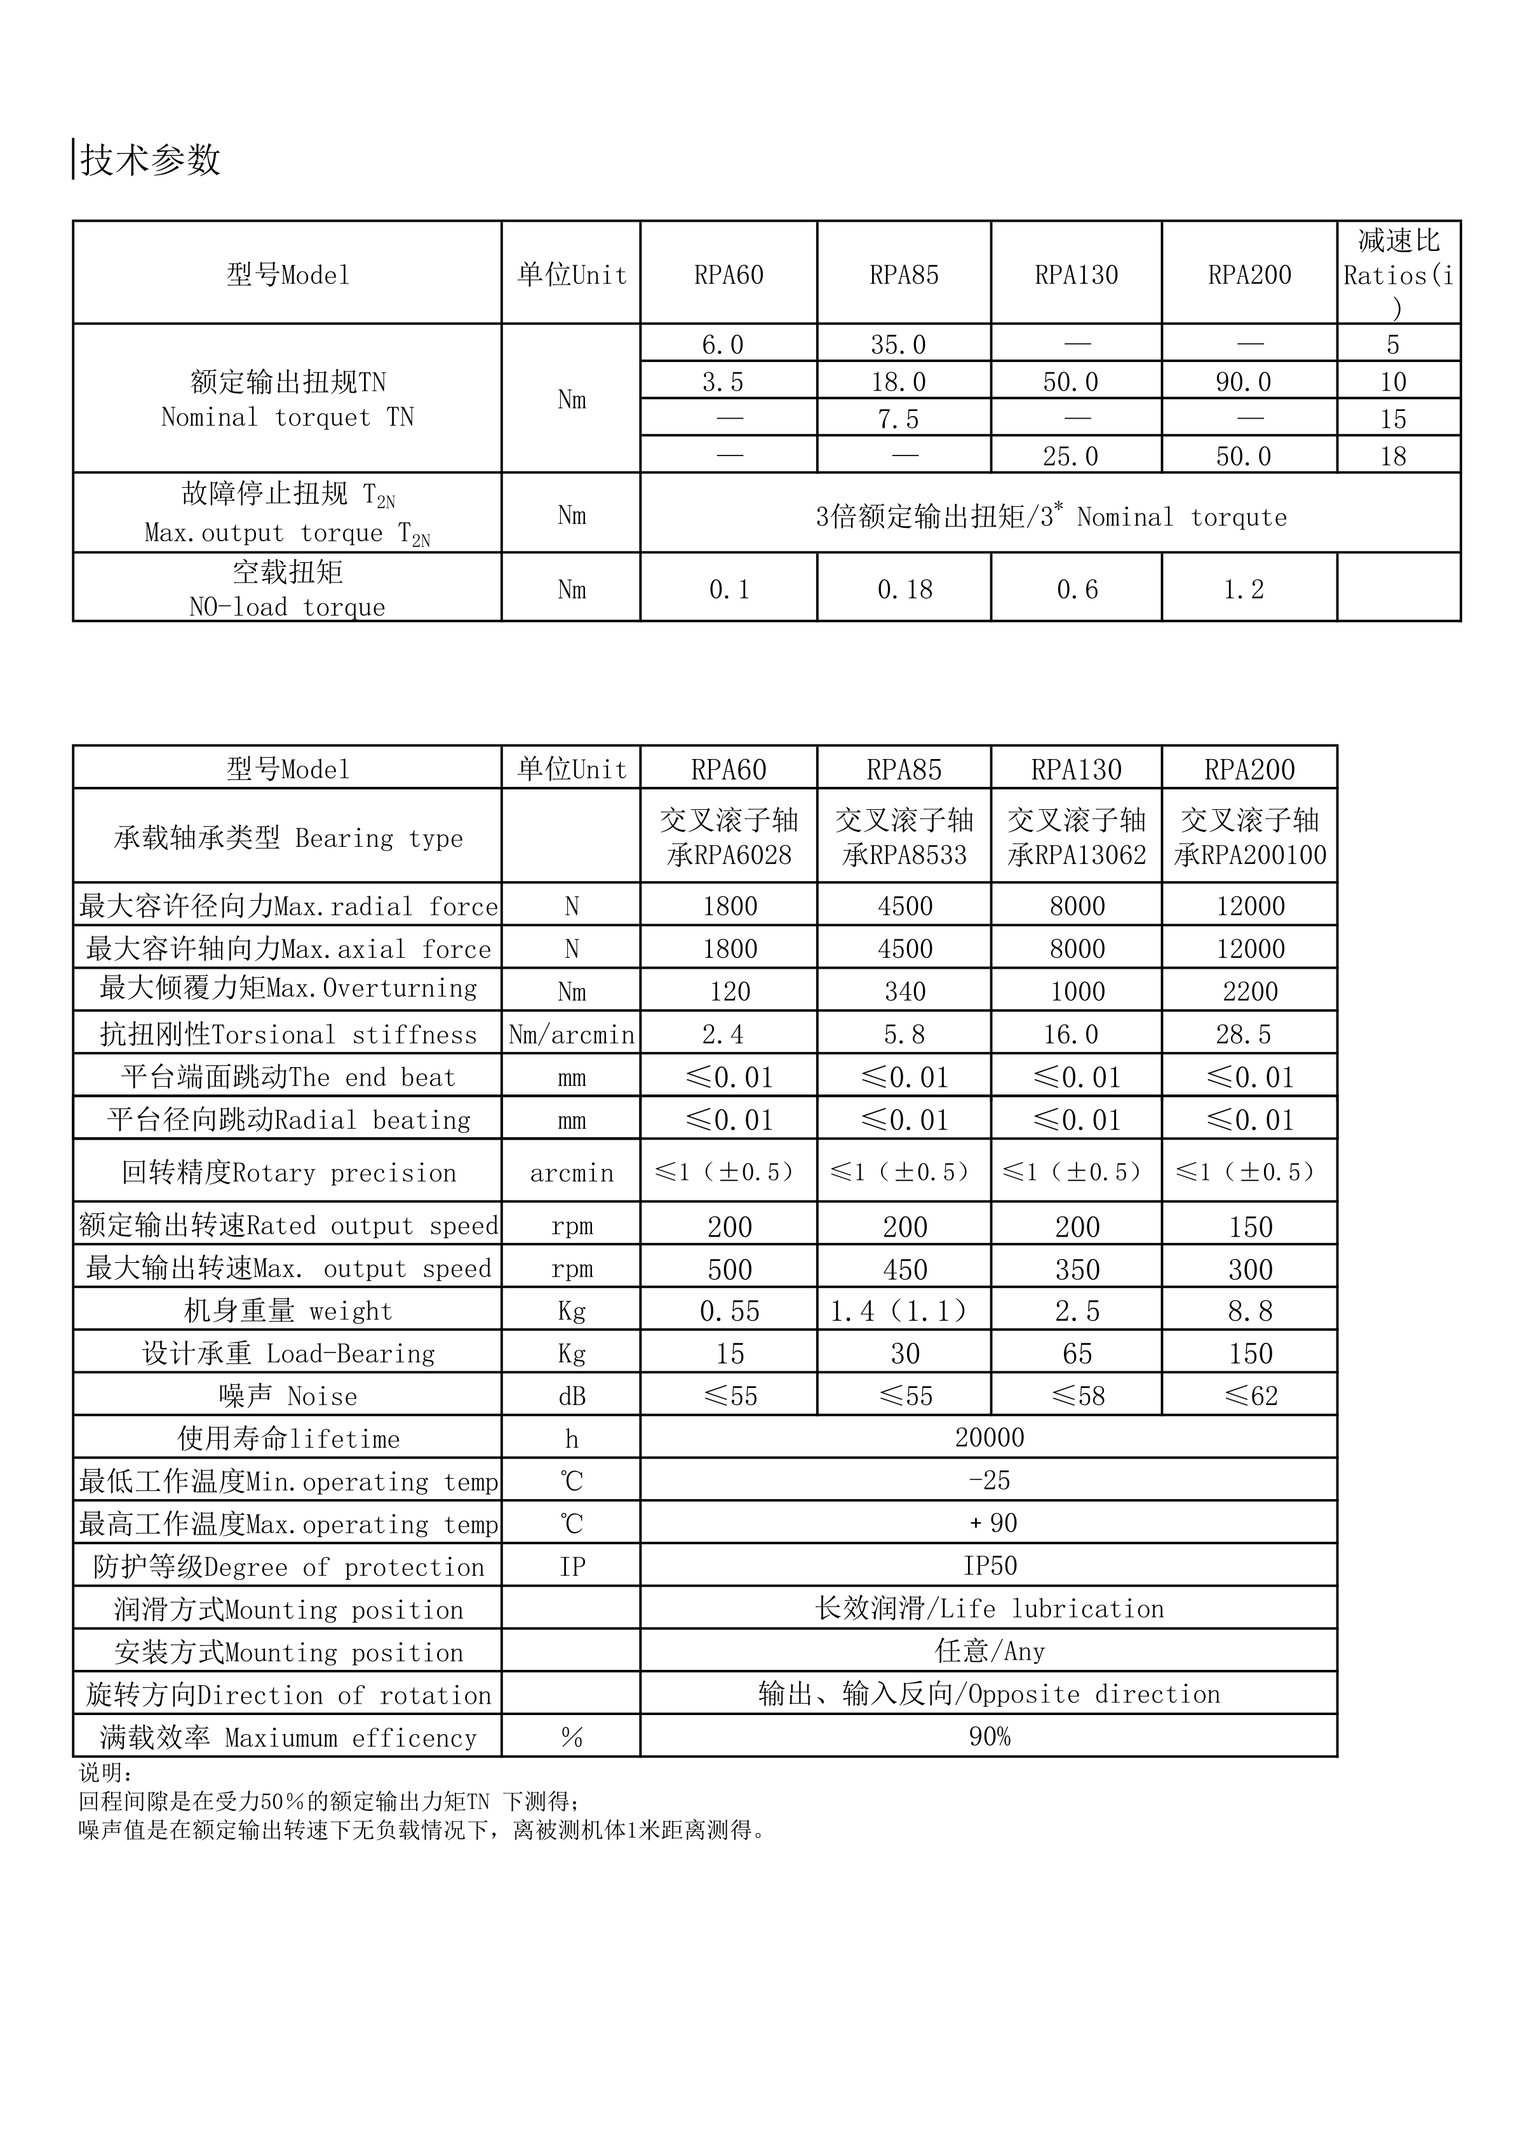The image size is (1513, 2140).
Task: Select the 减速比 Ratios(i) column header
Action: tap(1397, 273)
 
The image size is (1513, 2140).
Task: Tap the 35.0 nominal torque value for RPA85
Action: tap(899, 345)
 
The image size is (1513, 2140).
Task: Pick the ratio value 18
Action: tap(1393, 457)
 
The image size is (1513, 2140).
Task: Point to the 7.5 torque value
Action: tap(899, 419)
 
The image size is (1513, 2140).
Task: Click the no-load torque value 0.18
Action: tap(904, 589)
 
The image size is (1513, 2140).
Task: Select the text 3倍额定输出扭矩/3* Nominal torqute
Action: tap(1051, 516)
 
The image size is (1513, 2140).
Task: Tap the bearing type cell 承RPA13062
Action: tap(1077, 855)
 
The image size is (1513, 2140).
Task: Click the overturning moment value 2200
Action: tap(1250, 991)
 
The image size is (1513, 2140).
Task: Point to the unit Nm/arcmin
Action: tap(572, 1035)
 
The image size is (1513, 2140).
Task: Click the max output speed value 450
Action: tap(904, 1270)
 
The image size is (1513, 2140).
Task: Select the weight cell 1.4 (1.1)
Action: tap(899, 1312)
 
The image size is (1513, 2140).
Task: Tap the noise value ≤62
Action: tap(1250, 1396)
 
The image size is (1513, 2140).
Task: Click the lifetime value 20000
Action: tap(989, 1438)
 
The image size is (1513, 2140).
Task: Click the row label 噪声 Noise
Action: tap(288, 1396)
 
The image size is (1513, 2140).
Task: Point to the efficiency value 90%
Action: tap(989, 1737)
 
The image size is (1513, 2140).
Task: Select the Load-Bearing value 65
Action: tap(1077, 1354)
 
